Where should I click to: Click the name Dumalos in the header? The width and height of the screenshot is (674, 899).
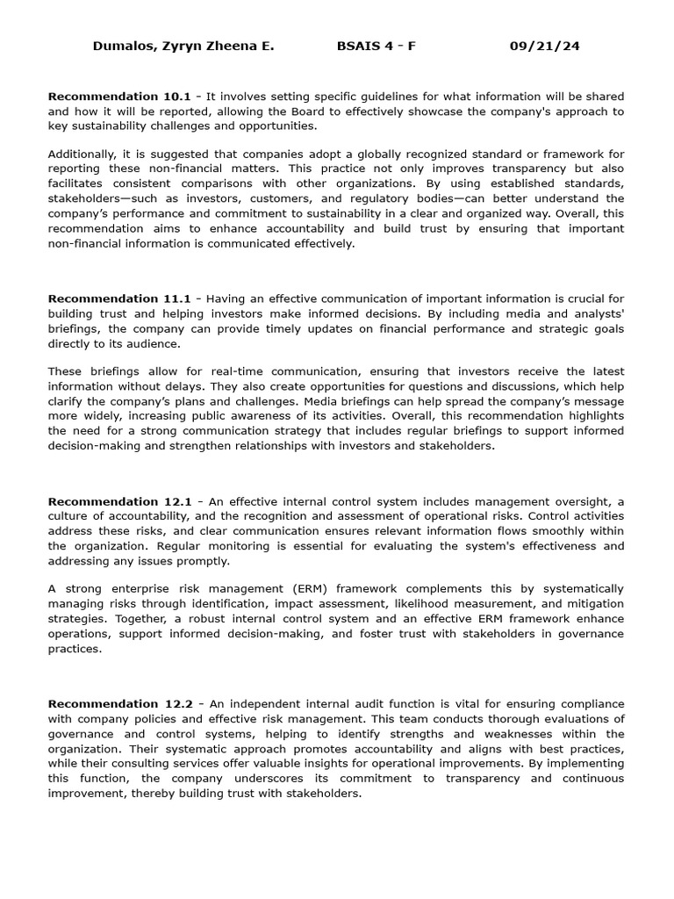(122, 47)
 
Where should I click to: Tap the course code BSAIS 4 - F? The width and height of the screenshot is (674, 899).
(376, 47)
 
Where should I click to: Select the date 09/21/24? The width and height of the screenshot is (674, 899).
(544, 47)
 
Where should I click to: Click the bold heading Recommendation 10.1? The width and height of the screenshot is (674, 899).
(119, 97)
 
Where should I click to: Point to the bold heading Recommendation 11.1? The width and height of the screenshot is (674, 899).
(119, 299)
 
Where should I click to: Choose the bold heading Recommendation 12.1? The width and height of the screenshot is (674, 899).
(119, 502)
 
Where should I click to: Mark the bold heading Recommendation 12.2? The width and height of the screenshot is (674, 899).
(119, 704)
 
